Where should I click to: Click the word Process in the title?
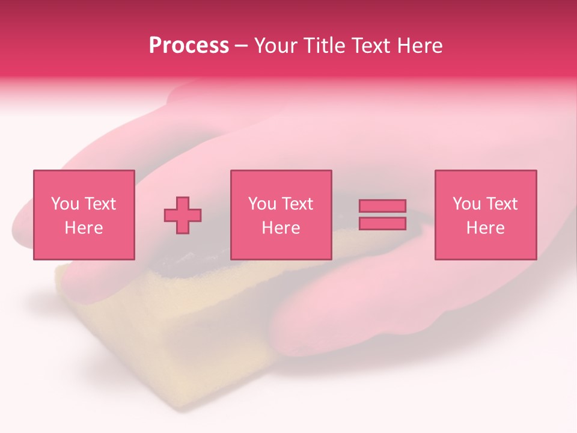point(189,46)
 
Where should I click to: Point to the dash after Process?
point(241,46)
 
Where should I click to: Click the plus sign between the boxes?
point(183,215)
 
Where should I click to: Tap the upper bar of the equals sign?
point(382,206)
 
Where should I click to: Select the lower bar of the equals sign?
point(382,224)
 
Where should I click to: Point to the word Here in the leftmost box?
point(84,228)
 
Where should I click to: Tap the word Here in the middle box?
point(281,228)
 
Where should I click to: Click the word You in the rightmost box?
point(466,204)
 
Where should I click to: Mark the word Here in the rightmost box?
point(485,228)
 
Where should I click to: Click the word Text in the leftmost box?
point(100,204)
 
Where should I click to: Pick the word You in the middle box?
point(262,204)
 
